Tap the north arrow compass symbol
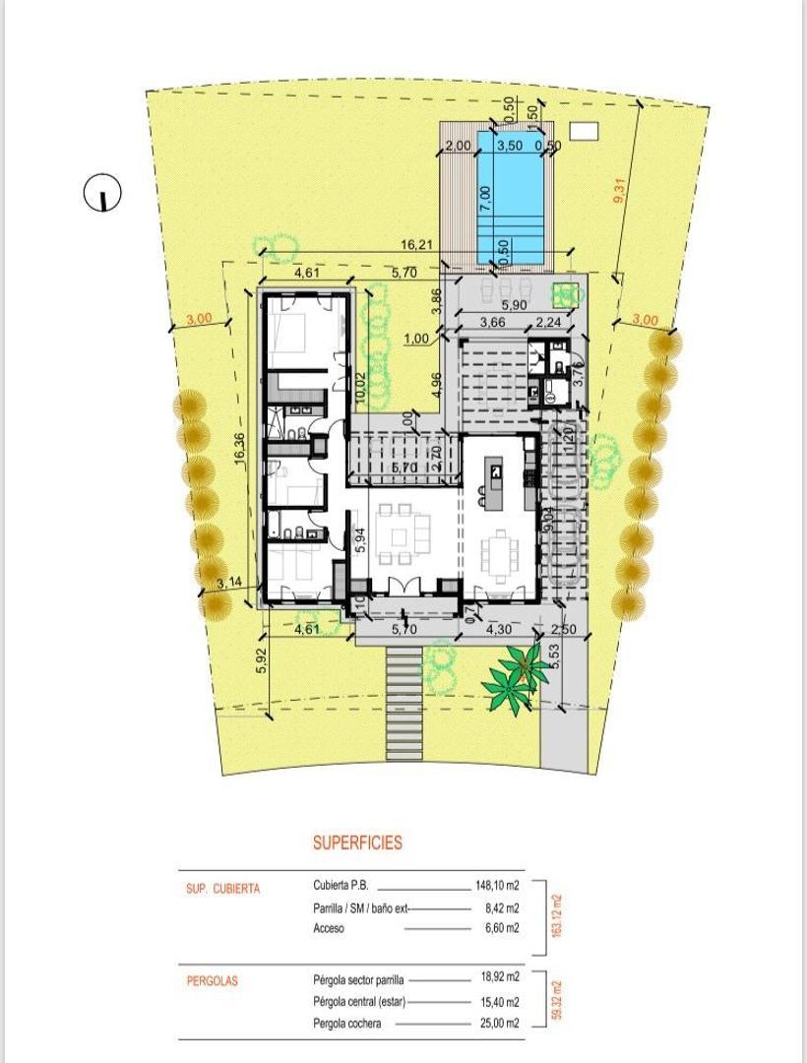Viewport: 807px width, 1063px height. (x=102, y=193)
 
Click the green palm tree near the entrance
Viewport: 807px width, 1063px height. (x=518, y=672)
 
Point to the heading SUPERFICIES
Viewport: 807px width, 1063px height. (x=357, y=843)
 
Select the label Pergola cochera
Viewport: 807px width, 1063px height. (x=347, y=1024)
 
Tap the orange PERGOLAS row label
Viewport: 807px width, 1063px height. (x=213, y=980)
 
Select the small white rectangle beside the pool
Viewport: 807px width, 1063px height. (x=584, y=130)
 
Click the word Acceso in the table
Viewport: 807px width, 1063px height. (x=329, y=928)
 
